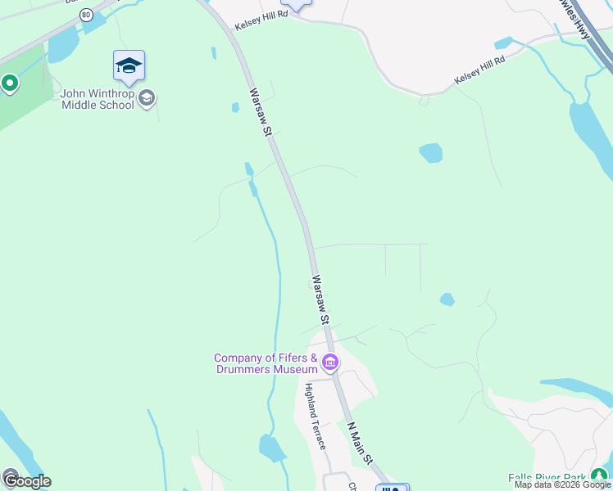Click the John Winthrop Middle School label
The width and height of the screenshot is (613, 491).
click(97, 99)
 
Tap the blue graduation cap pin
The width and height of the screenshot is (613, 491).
click(129, 65)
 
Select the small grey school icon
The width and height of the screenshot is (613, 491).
click(148, 99)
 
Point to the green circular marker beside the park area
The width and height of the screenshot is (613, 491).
click(10, 83)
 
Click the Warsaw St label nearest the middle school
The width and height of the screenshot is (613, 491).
click(261, 111)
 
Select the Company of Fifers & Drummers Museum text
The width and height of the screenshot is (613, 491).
click(266, 364)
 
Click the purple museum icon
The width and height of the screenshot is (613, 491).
click(330, 362)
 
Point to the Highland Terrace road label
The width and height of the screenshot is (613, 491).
click(316, 417)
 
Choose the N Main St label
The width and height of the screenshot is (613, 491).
click(360, 446)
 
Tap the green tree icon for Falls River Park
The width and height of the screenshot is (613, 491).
click(601, 475)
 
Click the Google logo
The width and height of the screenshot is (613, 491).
click(26, 480)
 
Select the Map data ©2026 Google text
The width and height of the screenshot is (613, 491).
click(562, 485)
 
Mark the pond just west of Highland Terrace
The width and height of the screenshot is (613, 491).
click(272, 448)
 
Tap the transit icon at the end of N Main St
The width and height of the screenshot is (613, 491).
click(392, 489)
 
